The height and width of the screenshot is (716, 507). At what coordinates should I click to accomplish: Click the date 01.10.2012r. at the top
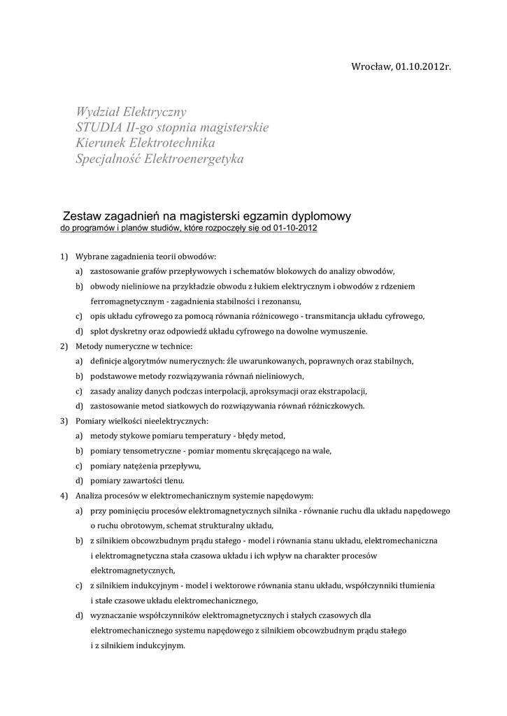pyautogui.click(x=422, y=66)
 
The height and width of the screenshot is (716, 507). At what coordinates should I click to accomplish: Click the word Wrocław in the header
pyautogui.click(x=370, y=66)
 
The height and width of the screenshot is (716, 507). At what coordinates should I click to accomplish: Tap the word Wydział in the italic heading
pyautogui.click(x=98, y=112)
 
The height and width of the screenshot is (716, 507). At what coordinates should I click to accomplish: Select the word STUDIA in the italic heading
pyautogui.click(x=99, y=128)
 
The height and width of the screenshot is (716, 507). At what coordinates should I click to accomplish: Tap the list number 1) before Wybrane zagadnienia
pyautogui.click(x=64, y=257)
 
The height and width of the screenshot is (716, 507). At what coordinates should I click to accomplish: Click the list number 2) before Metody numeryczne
pyautogui.click(x=64, y=346)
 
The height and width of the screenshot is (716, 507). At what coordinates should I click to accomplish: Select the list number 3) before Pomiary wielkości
pyautogui.click(x=64, y=421)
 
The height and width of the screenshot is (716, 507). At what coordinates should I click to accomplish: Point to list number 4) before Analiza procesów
pyautogui.click(x=64, y=496)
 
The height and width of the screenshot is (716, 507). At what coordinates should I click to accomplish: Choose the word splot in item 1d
pyautogui.click(x=100, y=331)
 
